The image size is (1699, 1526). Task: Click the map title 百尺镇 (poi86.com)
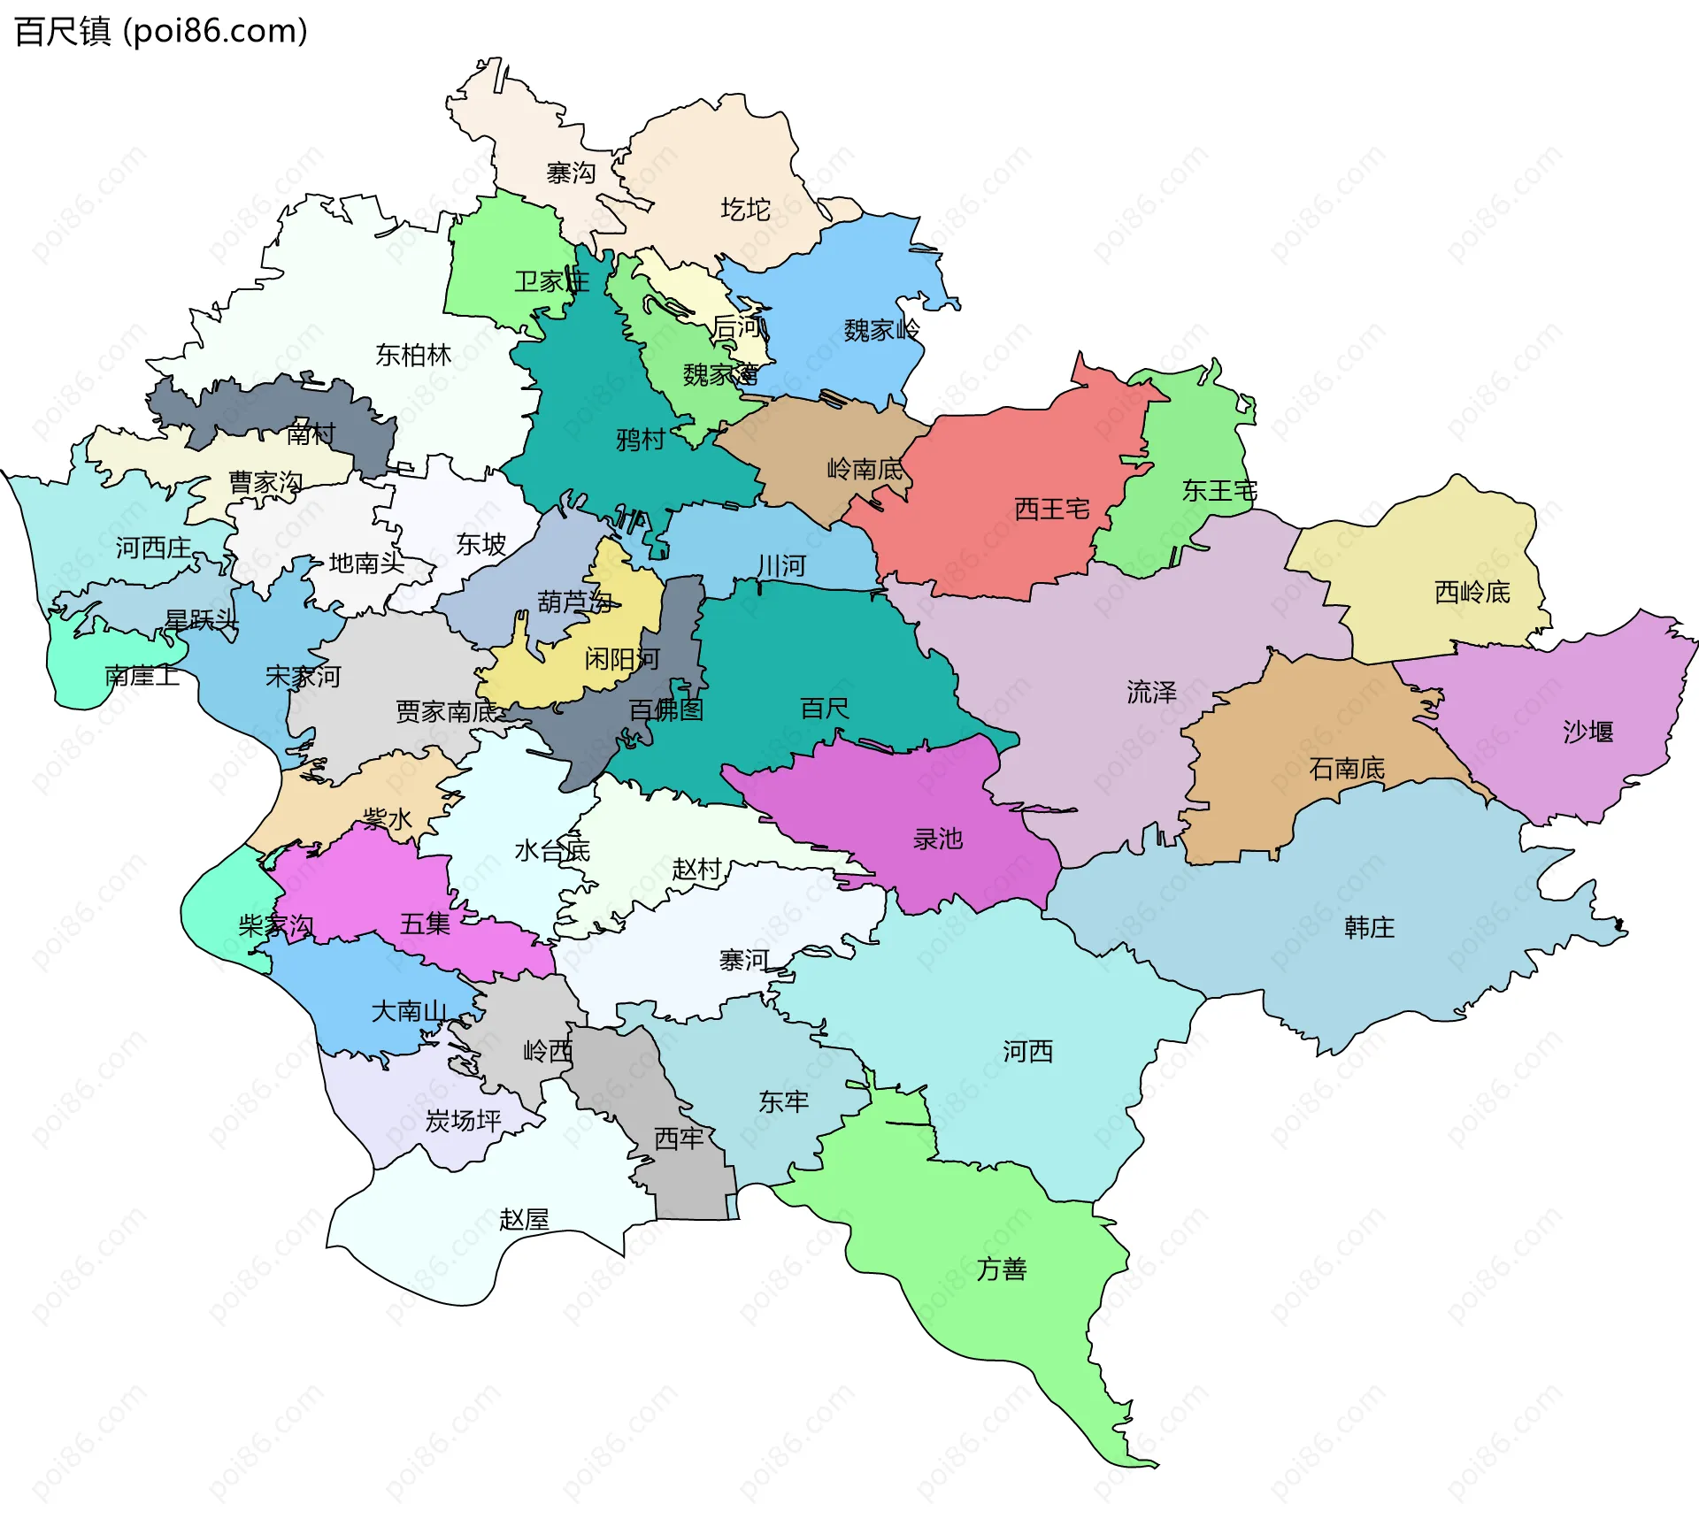161,31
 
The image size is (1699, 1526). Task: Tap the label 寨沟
571,173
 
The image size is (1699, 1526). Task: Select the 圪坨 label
745,210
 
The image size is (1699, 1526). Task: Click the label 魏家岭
881,330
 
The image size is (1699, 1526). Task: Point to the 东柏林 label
413,355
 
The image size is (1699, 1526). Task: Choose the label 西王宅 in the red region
1051,509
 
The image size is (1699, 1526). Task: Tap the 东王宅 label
1219,490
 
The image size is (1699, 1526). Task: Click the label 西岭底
1472,592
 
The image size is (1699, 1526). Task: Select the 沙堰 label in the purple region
1588,732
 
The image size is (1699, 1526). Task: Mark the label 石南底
1347,768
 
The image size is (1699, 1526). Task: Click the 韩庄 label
1369,927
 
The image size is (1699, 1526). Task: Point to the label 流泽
1151,692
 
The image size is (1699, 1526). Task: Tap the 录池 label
937,839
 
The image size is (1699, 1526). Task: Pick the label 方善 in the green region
1002,1269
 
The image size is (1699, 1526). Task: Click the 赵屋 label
524,1220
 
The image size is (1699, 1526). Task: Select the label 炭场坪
463,1121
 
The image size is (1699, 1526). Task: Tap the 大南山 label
409,1011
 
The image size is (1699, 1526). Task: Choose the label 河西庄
153,548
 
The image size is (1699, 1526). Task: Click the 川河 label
781,565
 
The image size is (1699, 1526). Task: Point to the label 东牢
783,1101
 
